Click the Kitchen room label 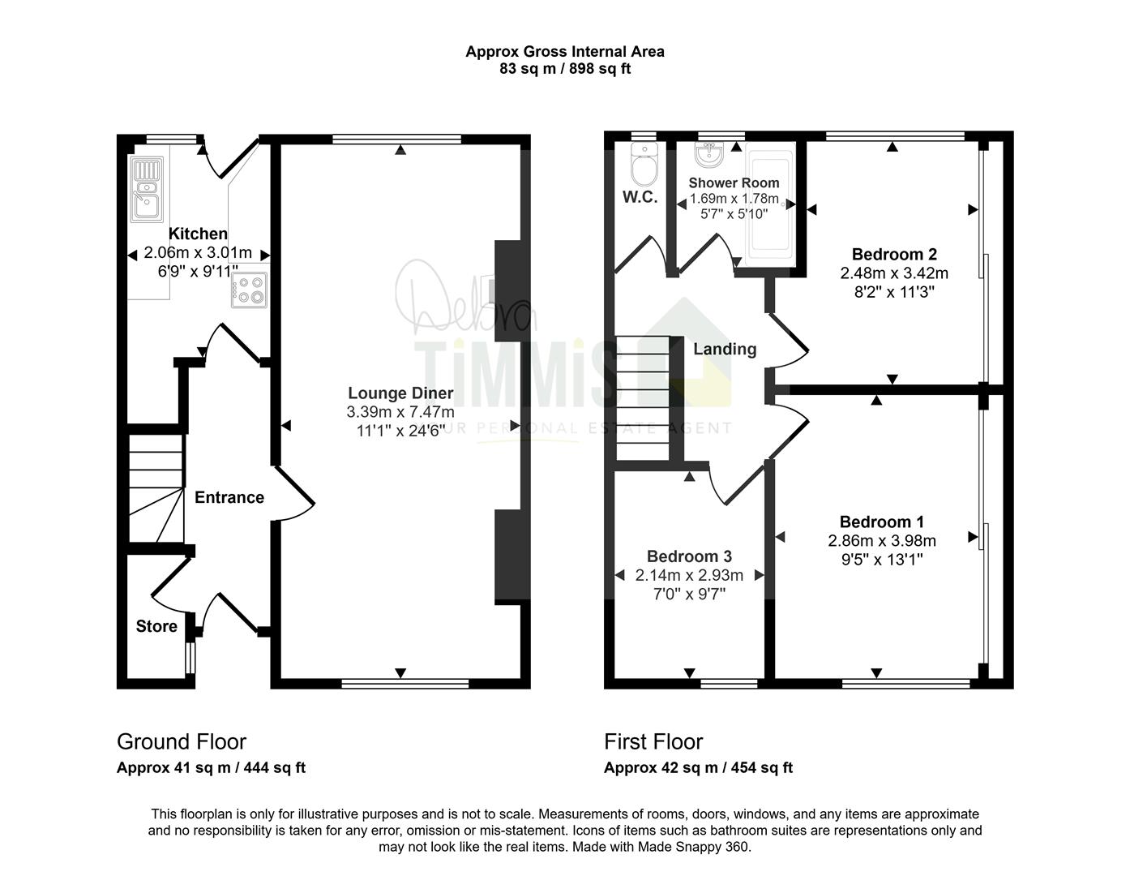pos(198,234)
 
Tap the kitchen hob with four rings pos(249,290)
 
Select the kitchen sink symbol pos(147,189)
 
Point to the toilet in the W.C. pos(644,165)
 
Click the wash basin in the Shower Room pos(708,154)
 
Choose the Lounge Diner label pos(400,393)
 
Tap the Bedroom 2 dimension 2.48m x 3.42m pos(894,273)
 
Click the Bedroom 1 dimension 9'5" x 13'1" pos(882,560)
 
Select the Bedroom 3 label pos(689,556)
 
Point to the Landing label pos(725,349)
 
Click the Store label pos(156,626)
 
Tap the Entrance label pos(229,497)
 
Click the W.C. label pos(640,196)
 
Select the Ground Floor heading pos(182,742)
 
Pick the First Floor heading pos(653,742)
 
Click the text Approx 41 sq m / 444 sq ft pos(211,768)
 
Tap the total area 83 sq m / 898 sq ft pos(565,69)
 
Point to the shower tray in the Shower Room pos(769,204)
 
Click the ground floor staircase pos(156,489)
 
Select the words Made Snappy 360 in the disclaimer pos(692,847)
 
